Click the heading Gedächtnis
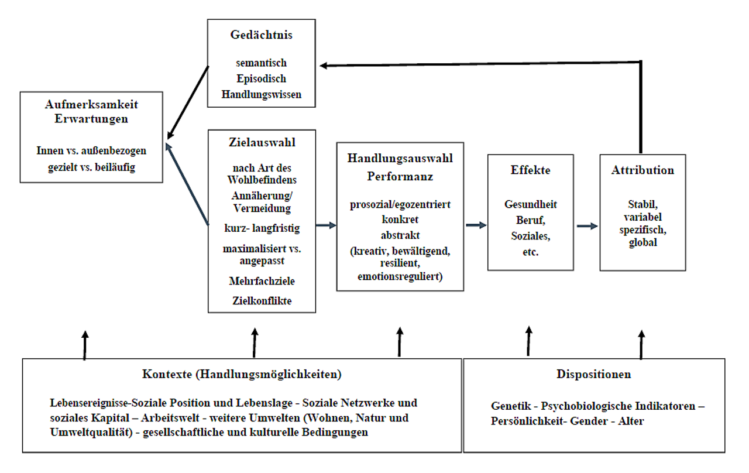click(261, 35)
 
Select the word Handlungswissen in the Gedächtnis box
click(262, 94)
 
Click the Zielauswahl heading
click(262, 143)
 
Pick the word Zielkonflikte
click(262, 301)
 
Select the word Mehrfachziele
click(262, 281)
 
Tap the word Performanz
click(400, 176)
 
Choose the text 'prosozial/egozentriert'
click(400, 205)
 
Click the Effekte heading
click(530, 170)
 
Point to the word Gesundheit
click(530, 204)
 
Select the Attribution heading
click(643, 170)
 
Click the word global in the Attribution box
click(643, 242)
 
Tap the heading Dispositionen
click(593, 374)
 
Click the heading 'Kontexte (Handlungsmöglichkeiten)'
click(242, 374)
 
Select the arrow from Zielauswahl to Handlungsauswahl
click(326, 225)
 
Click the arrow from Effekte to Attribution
click(586, 226)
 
